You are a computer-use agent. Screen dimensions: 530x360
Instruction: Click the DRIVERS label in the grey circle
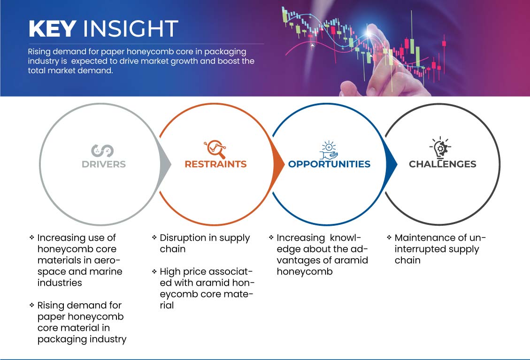104,164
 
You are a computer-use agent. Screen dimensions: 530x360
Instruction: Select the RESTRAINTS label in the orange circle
215,164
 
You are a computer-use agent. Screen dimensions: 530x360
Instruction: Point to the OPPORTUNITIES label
329,164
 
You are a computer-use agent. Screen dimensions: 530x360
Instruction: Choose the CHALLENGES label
443,164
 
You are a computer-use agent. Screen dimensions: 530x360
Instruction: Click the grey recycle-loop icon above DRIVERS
102,150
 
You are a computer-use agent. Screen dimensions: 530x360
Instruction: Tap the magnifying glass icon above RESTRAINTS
215,149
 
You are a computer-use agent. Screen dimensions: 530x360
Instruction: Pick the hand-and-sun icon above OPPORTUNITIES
329,150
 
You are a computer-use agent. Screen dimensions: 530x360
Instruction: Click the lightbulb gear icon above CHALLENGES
440,148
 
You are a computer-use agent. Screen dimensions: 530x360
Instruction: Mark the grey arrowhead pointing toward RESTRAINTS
165,165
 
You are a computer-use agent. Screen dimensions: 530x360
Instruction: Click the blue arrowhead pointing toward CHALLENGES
392,165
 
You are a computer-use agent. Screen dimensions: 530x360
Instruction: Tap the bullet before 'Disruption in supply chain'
154,237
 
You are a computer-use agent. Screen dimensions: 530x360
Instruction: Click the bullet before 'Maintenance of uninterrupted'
389,237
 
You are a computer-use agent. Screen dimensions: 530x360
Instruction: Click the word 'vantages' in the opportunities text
298,260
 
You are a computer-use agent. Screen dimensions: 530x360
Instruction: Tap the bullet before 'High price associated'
154,271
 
